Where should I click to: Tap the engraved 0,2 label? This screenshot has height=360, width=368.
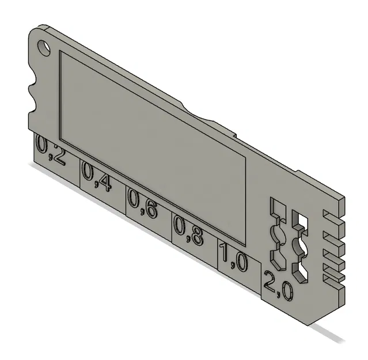coord(51,150)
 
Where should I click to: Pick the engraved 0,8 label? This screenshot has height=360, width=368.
coord(188,230)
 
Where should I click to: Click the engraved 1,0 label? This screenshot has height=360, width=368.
coord(233,257)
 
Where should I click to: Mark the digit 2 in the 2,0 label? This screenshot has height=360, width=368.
coord(271,281)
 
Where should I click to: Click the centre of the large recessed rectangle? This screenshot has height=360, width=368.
coord(153,147)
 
